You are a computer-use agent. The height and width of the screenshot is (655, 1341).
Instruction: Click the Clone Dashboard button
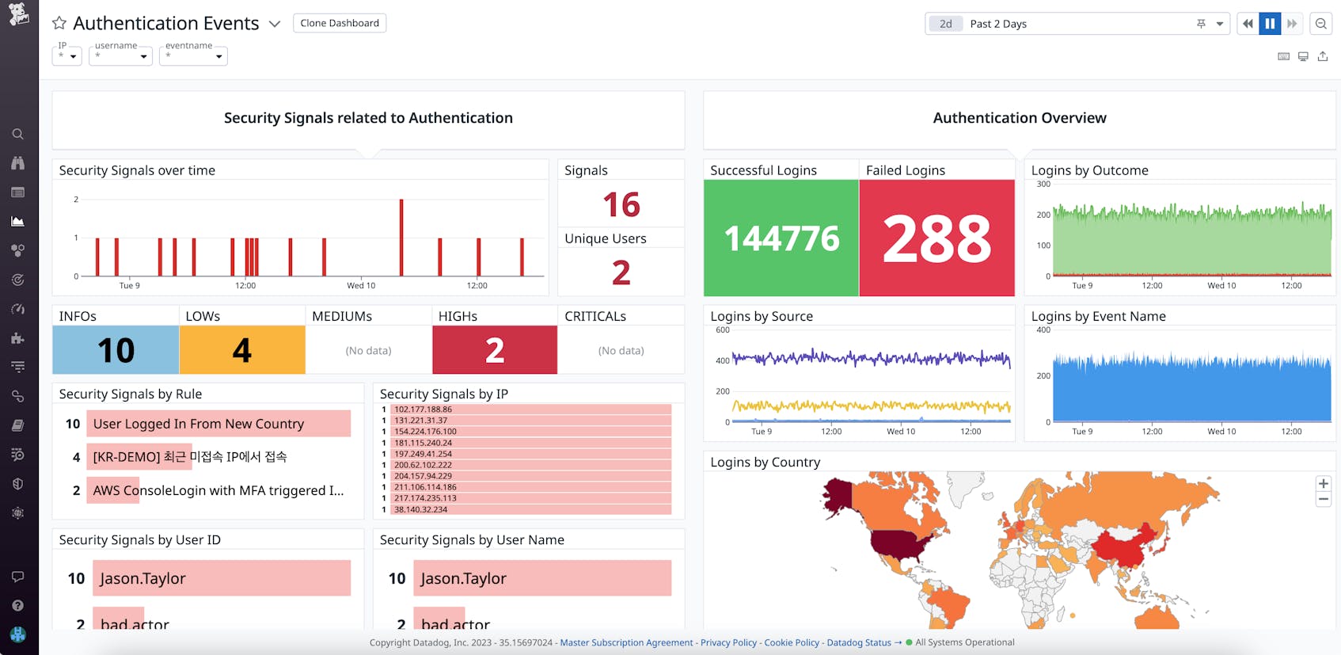340,23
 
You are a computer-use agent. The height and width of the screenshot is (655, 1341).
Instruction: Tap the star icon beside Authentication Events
59,24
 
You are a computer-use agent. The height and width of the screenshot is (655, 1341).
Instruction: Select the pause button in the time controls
1270,24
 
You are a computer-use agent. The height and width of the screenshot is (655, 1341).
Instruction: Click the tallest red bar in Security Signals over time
401,237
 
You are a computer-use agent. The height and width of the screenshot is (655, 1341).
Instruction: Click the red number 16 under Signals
621,204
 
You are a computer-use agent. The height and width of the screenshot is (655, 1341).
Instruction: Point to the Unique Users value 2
621,272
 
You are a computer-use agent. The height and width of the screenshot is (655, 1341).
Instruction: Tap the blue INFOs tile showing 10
116,350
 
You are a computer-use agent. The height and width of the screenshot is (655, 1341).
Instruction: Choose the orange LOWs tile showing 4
242,350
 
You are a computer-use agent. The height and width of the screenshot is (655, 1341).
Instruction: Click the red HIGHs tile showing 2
495,350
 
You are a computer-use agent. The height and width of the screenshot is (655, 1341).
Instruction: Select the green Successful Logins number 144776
781,238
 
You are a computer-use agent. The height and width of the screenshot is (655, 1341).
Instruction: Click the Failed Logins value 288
936,238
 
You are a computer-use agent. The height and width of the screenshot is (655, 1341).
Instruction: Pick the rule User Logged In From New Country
199,424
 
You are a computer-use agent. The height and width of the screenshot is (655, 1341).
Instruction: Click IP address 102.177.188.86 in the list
424,409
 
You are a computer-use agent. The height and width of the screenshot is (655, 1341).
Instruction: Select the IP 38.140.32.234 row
421,509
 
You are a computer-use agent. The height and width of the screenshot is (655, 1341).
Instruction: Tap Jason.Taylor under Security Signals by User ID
143,578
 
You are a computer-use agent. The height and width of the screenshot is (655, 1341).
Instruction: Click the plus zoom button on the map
1323,484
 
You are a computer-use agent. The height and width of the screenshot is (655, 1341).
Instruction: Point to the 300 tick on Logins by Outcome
1043,184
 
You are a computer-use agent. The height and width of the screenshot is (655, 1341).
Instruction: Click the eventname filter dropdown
193,55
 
